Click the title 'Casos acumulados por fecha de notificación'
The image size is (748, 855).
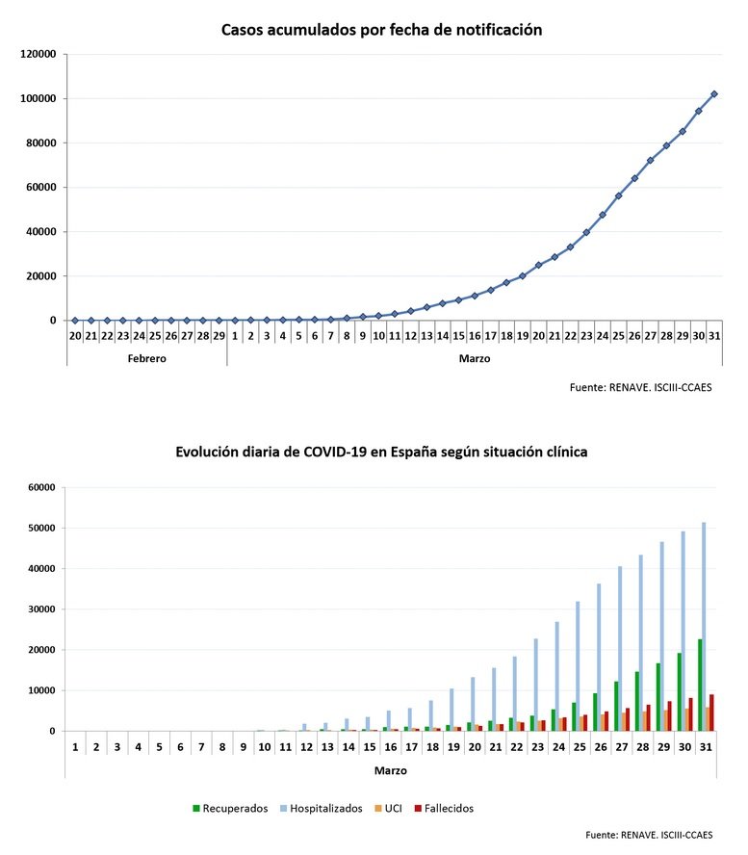[381, 30]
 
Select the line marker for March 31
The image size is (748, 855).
[713, 94]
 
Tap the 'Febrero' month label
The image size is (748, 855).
[145, 357]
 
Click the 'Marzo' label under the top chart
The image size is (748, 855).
[474, 357]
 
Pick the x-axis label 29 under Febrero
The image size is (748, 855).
[219, 336]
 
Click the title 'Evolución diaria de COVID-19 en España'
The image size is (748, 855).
[381, 452]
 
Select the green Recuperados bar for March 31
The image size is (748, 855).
[699, 685]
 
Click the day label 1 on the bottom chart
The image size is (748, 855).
[75, 747]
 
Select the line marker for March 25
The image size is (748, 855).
[618, 195]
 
